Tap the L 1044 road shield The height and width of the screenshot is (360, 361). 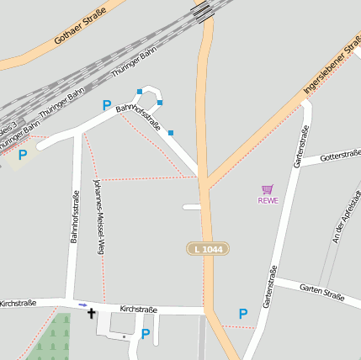click(x=208, y=249)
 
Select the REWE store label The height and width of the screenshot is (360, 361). click(x=268, y=200)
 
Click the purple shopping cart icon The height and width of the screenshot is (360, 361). click(x=268, y=189)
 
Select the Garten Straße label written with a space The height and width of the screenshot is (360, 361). click(x=321, y=291)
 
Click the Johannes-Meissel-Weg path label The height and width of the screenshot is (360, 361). click(x=98, y=216)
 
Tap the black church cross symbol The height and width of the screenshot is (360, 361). click(x=92, y=314)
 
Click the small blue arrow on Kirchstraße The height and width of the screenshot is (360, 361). click(x=82, y=304)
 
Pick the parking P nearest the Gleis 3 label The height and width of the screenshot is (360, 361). click(x=23, y=155)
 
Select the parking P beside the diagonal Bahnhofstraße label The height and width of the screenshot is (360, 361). click(x=107, y=105)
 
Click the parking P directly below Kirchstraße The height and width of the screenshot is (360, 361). click(x=146, y=334)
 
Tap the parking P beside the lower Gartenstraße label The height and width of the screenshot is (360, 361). click(x=243, y=314)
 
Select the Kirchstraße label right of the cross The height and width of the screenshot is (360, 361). click(x=139, y=310)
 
